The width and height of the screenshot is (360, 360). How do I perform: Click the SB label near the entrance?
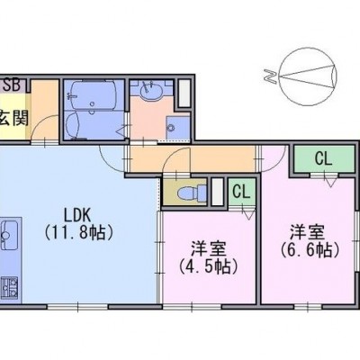pyautogui.click(x=12, y=85)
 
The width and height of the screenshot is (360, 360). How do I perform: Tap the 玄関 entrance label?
pyautogui.click(x=14, y=118)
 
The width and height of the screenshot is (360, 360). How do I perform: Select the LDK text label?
pyautogui.click(x=77, y=215)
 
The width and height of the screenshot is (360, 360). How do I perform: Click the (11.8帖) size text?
pyautogui.click(x=79, y=232)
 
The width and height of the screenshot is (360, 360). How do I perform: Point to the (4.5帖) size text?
pyautogui.click(x=209, y=265)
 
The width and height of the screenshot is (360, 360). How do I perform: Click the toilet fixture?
pyautogui.click(x=192, y=193)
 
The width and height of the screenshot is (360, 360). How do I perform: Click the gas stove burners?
pyautogui.click(x=9, y=288)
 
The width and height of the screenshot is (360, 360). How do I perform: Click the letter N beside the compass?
pyautogui.click(x=270, y=76)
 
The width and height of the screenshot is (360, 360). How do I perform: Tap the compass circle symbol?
pyautogui.click(x=308, y=76)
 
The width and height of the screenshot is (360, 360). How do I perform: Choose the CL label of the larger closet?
pyautogui.click(x=323, y=159)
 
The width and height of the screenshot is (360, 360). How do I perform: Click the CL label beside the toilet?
pyautogui.click(x=241, y=192)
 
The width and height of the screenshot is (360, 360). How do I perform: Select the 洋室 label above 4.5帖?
pyautogui.click(x=209, y=248)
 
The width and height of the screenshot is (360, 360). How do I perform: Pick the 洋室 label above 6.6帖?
pyautogui.click(x=307, y=232)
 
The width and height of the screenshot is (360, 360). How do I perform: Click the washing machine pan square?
pyautogui.click(x=178, y=129)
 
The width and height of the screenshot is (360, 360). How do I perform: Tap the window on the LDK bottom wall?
pyautogui.click(x=77, y=307)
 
